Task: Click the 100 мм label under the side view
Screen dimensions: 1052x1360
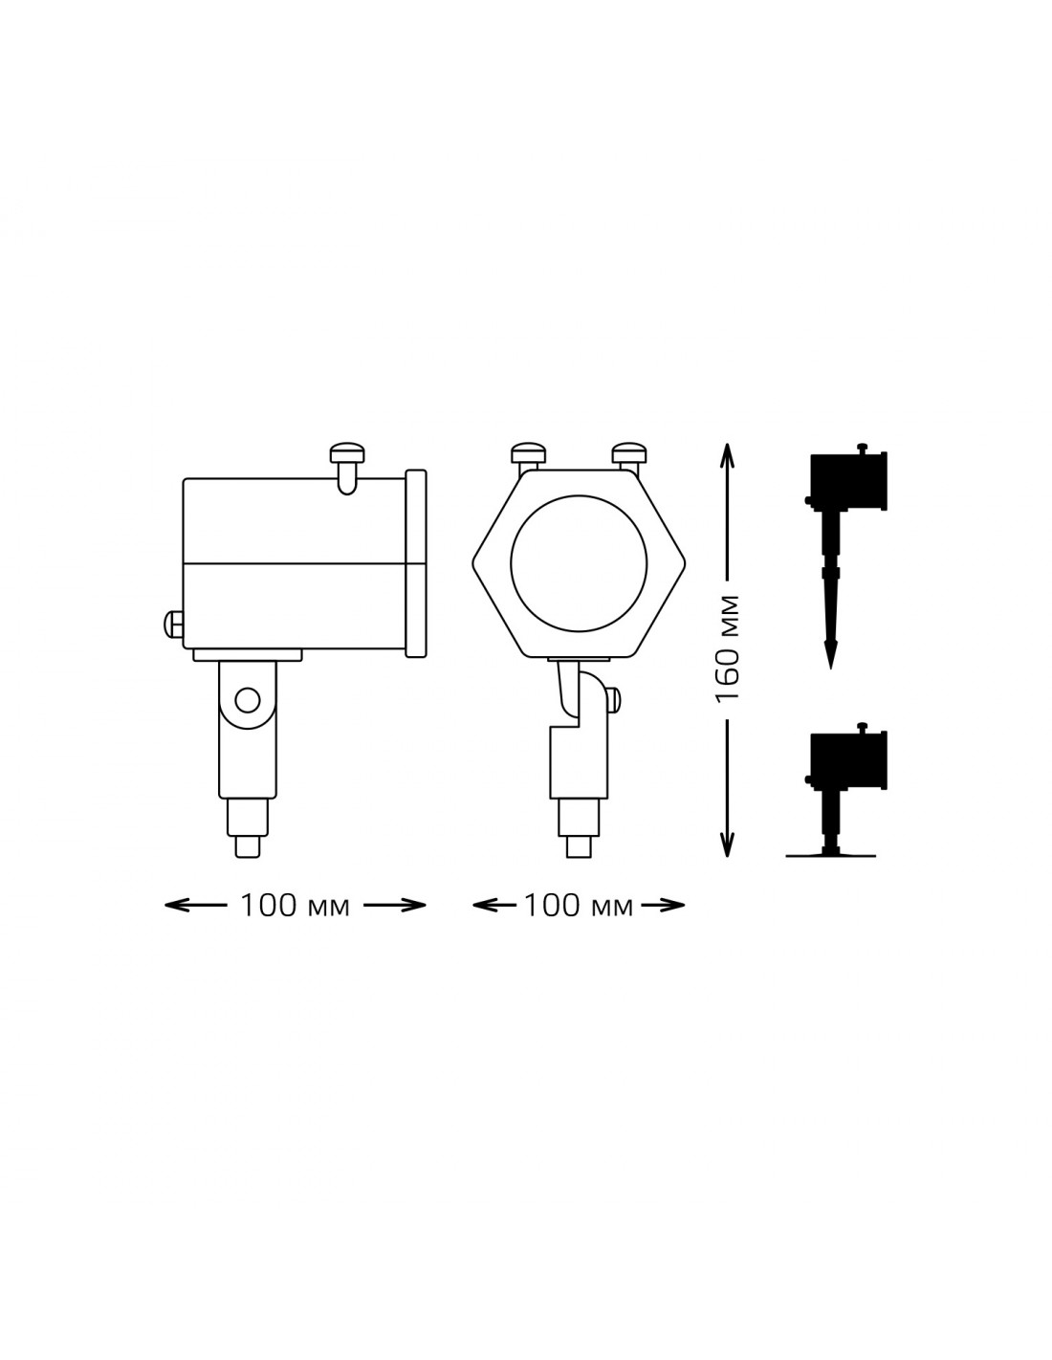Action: [295, 906]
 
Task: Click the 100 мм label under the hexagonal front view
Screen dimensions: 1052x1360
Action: [578, 906]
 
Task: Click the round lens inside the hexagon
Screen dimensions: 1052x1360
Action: [579, 564]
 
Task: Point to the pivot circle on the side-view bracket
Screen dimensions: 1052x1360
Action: [248, 700]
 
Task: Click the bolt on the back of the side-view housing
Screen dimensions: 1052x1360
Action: [173, 625]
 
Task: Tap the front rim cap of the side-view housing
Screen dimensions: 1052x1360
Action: [416, 563]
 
